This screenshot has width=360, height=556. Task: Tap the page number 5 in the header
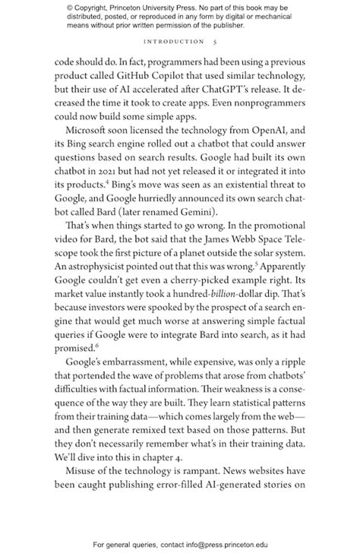pyautogui.click(x=217, y=42)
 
